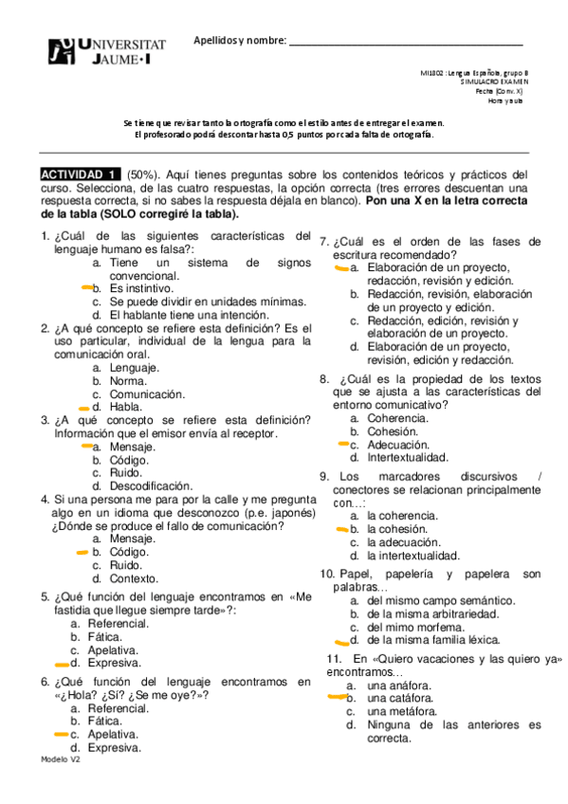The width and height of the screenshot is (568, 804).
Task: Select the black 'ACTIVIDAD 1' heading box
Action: click(81, 174)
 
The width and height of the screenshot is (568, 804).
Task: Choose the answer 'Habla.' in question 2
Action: click(128, 407)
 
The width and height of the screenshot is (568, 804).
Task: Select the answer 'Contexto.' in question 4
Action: click(134, 577)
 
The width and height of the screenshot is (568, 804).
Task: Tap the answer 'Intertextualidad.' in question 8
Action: click(408, 457)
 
